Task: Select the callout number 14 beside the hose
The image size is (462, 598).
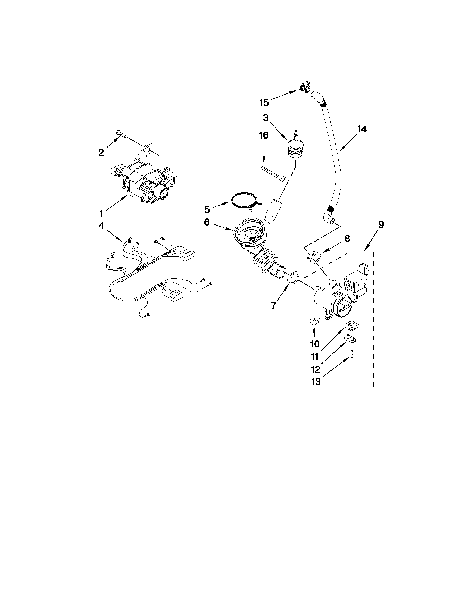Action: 361,129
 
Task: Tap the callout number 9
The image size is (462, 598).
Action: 381,225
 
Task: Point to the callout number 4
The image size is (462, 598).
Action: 101,226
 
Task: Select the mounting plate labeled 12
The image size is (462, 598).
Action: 351,339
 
